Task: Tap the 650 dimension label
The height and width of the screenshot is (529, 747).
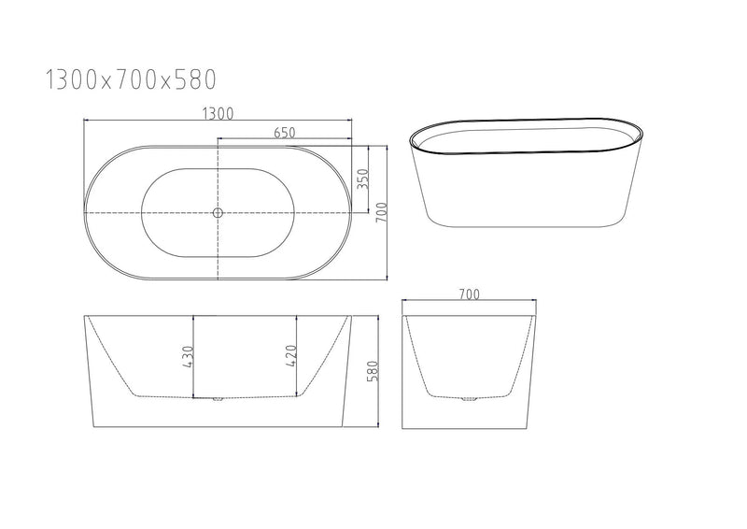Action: click(x=286, y=133)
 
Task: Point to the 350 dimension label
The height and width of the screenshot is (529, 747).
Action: click(x=362, y=178)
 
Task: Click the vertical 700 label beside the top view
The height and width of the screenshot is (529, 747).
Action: click(x=381, y=213)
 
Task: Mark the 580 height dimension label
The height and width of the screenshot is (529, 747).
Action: click(x=372, y=371)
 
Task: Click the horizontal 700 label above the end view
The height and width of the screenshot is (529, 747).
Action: click(x=469, y=294)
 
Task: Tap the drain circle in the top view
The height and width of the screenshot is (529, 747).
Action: click(x=218, y=213)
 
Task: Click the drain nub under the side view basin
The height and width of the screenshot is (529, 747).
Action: click(x=218, y=400)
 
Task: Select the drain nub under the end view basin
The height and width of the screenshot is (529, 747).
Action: click(x=469, y=400)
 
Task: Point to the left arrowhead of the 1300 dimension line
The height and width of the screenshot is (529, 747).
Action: click(x=87, y=121)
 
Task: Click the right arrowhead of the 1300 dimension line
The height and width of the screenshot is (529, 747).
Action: click(x=352, y=121)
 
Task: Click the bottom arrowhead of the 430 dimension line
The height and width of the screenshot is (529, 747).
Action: click(x=193, y=396)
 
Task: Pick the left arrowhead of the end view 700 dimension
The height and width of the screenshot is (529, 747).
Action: click(x=404, y=302)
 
